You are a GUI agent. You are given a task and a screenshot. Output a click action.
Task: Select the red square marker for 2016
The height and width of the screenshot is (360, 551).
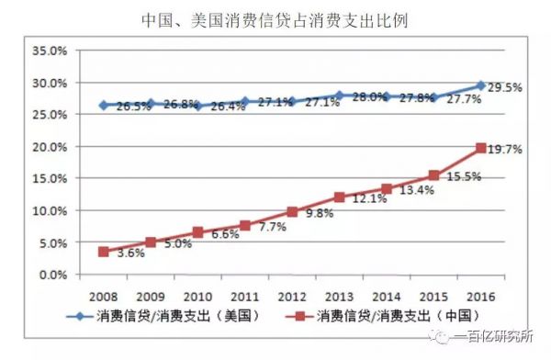coord(480,148)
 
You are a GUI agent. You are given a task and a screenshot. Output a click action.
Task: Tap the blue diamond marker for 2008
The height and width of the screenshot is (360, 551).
coord(104,106)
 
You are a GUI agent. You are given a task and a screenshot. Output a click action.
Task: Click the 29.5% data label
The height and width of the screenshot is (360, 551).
coord(503,88)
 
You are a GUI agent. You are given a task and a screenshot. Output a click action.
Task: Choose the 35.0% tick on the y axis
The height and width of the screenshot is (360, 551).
coord(51,51)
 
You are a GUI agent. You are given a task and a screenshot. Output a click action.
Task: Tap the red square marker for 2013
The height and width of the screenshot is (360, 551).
coord(339,197)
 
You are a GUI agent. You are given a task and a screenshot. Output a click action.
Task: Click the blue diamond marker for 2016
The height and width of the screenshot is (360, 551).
coord(480,85)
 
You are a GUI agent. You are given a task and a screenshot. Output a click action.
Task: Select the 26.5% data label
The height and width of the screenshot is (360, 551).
coord(133,107)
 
